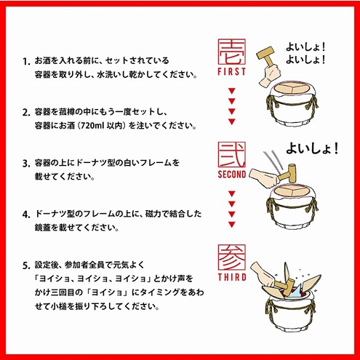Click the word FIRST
coord(232,73)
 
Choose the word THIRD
coord(231,278)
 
